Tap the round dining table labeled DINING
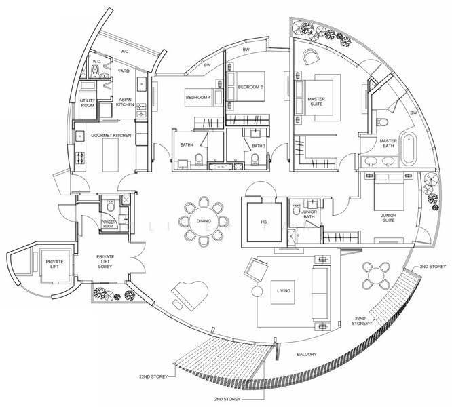tap(204, 221)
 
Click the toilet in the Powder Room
tap(111, 206)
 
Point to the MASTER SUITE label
tap(316, 101)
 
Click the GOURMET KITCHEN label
tap(111, 136)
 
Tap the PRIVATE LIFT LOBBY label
tap(105, 262)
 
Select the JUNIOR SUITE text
tap(389, 218)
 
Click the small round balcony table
tap(377, 275)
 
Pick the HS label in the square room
tap(264, 222)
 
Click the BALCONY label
tap(307, 354)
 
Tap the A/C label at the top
tap(124, 52)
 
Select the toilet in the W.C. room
tap(95, 71)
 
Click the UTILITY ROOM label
tap(88, 103)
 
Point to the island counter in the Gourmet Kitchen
tap(111, 155)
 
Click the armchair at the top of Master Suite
tap(311, 57)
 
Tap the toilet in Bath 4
tap(199, 159)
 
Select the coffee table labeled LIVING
tap(283, 292)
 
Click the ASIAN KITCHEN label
tap(125, 102)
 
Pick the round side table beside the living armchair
tap(257, 291)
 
